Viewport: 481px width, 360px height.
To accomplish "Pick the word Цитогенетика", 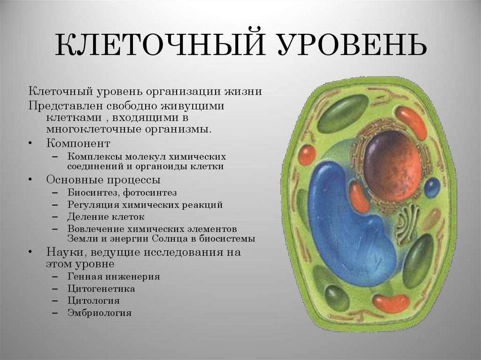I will click(x=101, y=289).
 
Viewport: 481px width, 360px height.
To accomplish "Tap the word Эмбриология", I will click(x=99, y=313).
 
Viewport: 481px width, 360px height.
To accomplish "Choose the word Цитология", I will click(x=93, y=300).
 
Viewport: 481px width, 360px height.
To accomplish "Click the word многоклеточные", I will click(x=84, y=128).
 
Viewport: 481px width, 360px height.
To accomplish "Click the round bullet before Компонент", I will click(x=31, y=143).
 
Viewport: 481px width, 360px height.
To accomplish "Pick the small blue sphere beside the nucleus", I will click(x=432, y=187).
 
